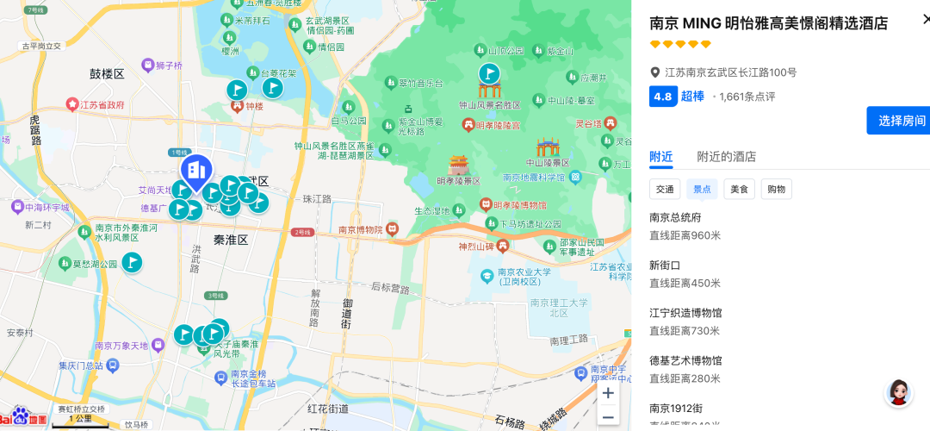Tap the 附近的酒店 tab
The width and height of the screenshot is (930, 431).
(726, 157)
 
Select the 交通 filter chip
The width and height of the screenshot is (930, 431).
(665, 189)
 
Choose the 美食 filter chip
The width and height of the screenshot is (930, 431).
(739, 189)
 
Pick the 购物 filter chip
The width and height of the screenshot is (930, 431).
(776, 189)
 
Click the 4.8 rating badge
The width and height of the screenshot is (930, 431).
(662, 97)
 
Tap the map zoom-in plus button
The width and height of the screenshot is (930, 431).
(608, 393)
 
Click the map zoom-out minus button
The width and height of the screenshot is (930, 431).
(608, 417)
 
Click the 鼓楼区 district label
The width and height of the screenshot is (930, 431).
(108, 74)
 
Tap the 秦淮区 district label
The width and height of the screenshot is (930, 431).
(231, 240)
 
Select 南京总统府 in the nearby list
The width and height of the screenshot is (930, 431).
(675, 217)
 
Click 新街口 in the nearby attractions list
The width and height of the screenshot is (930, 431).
(665, 265)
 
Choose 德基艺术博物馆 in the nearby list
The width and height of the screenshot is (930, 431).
(685, 360)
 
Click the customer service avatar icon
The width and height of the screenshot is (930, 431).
(898, 393)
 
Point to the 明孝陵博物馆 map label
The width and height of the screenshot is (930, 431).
(519, 205)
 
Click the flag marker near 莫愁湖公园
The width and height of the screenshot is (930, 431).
(132, 262)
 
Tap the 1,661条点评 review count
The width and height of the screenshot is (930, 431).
(747, 97)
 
